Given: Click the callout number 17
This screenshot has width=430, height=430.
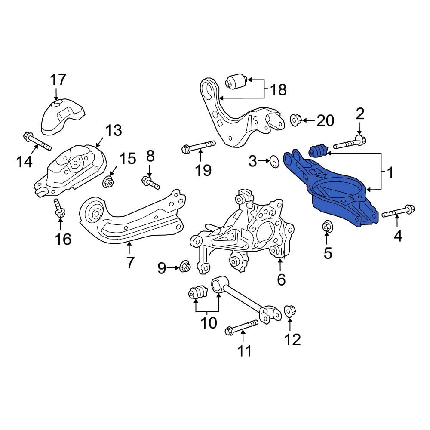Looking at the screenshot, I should coord(58,80).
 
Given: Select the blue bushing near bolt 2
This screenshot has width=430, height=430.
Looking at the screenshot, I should coord(319,151).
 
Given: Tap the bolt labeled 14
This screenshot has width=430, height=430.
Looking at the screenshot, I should coord(37,142).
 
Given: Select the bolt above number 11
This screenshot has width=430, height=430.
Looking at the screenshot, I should coord(241,326).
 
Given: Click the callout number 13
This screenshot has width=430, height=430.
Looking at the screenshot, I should coord(114,130).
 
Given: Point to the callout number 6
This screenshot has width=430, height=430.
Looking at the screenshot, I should coord(281,279).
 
